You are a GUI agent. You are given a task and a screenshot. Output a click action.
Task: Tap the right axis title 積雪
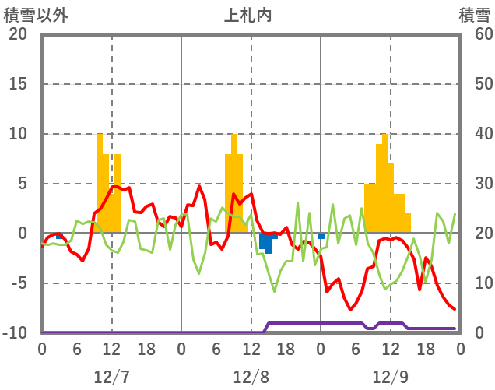(474, 14)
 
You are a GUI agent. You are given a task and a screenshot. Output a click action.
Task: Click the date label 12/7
(111, 377)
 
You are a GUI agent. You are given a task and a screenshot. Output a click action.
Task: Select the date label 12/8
(251, 377)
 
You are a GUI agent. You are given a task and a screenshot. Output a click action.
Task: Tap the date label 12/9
(390, 377)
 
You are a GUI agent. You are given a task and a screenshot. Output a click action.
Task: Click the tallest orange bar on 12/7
(100, 183)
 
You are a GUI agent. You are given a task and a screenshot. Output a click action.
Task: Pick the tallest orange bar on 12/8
(233, 183)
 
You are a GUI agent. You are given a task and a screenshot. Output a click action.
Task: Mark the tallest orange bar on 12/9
(384, 183)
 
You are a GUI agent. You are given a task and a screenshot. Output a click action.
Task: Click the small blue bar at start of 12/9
(321, 236)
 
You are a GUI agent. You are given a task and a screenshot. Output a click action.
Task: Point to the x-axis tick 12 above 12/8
(251, 349)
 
